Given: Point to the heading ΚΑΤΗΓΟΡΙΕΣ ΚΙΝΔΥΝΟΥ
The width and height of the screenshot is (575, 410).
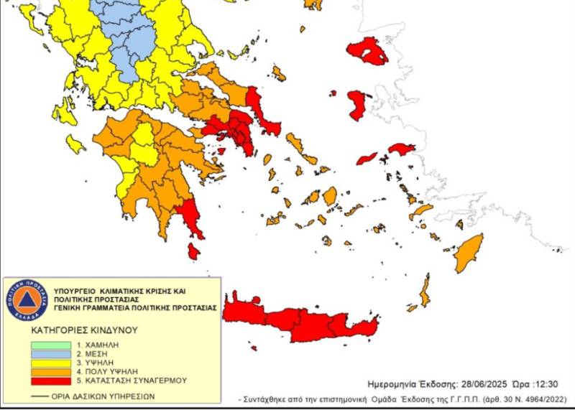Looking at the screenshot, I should [84, 331].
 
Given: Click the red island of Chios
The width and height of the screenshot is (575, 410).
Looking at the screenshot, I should [357, 105].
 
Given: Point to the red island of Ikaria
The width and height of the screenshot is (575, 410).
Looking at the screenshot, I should [367, 158].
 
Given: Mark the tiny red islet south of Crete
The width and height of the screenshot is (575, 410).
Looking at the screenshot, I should [254, 348].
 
